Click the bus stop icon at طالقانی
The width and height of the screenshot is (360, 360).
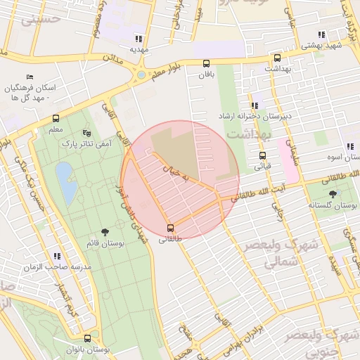point(170,227)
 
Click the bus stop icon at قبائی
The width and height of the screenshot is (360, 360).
point(262,155)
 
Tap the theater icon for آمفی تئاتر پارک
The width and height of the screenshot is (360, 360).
point(86,132)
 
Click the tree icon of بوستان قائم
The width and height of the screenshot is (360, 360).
point(105,231)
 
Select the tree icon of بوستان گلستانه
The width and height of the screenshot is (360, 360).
point(333,193)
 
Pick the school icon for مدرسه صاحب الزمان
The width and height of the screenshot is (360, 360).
point(56,257)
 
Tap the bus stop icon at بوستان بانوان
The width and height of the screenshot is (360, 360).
point(87,338)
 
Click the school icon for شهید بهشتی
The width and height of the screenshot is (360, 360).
point(321,34)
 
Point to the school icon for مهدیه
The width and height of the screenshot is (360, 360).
point(139,39)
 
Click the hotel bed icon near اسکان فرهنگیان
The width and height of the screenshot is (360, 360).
point(30,76)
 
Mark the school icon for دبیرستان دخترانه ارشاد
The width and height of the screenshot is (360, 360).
point(255,105)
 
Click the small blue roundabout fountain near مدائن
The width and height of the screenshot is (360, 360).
point(141,75)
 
